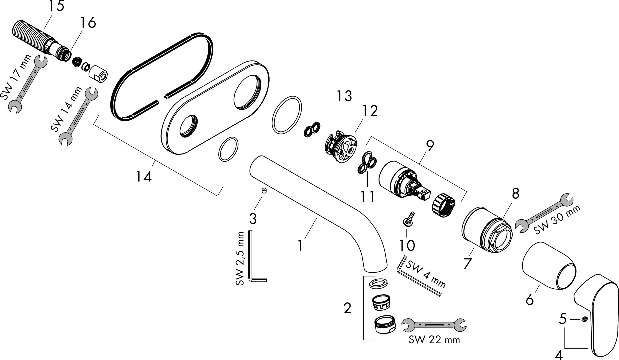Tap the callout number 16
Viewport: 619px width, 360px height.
(x=87, y=22)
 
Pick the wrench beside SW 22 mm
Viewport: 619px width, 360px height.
(x=434, y=324)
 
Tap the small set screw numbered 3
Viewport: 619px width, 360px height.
(x=264, y=191)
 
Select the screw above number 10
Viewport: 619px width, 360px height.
(x=409, y=219)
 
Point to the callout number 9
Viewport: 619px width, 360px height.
(x=430, y=146)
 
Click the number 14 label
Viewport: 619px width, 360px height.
(x=144, y=176)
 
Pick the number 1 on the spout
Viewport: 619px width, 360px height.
(x=300, y=246)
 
